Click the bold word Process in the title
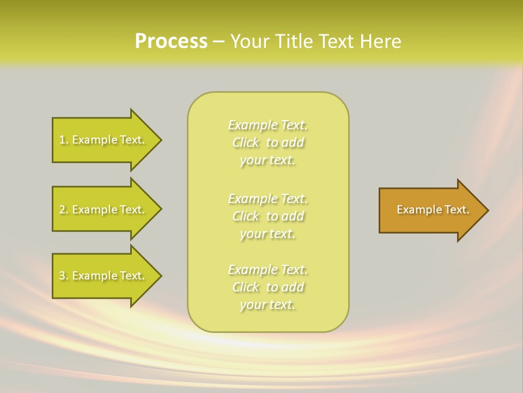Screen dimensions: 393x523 pos(171,41)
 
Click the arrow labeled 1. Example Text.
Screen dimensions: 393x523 pos(104,140)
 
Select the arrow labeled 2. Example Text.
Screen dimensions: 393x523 pos(104,210)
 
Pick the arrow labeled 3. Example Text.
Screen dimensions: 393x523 pos(104,276)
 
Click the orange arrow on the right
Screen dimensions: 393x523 pos(430,210)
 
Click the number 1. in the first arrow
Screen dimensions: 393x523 pos(64,140)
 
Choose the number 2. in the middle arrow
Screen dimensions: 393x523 pos(64,210)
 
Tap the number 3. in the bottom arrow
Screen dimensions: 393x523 pos(64,276)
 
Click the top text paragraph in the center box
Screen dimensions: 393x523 pos(267,142)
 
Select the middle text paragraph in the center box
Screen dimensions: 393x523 pos(267,216)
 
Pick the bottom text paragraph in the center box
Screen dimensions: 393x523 pos(267,287)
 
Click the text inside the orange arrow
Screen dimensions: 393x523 pos(433,210)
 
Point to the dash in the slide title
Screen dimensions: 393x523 pos(218,42)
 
